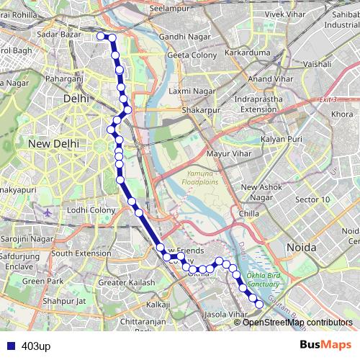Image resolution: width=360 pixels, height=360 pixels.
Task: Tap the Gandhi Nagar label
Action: (x=183, y=37)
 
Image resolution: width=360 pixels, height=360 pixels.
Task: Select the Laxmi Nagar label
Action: (x=188, y=92)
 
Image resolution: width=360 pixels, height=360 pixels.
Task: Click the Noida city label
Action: (x=301, y=247)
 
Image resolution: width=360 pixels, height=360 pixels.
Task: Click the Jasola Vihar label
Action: (x=226, y=315)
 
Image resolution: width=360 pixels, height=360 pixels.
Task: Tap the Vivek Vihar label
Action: (x=285, y=13)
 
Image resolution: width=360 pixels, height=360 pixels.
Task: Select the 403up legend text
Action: (x=35, y=346)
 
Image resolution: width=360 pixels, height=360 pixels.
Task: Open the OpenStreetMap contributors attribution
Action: (x=297, y=322)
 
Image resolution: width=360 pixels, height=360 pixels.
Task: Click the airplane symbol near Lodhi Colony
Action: (x=48, y=213)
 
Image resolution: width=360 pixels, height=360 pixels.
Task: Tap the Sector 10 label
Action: (x=313, y=199)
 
